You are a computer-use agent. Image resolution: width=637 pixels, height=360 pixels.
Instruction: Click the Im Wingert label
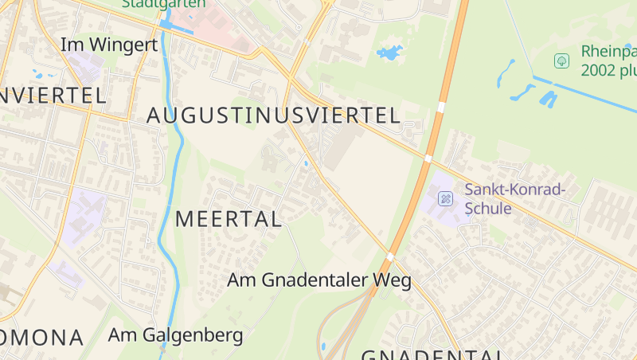click(x=109, y=45)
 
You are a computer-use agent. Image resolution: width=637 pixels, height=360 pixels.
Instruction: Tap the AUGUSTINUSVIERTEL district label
click(x=273, y=115)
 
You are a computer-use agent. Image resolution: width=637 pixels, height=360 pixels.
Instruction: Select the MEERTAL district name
click(x=229, y=219)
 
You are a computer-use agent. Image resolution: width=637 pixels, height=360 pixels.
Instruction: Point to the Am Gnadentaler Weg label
click(x=318, y=280)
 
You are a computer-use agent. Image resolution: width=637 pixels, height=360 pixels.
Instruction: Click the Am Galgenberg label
click(x=175, y=335)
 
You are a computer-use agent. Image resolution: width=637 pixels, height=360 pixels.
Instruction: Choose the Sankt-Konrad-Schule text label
click(x=515, y=198)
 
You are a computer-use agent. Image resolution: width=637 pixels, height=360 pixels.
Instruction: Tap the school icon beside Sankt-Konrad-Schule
click(x=446, y=198)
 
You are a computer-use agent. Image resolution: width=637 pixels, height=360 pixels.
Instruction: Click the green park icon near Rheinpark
click(x=561, y=61)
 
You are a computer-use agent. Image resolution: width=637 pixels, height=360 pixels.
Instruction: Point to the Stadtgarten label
click(x=163, y=4)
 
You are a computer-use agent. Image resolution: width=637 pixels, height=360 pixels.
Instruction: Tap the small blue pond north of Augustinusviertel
click(x=390, y=53)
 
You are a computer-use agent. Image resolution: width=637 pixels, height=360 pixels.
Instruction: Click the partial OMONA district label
click(x=41, y=338)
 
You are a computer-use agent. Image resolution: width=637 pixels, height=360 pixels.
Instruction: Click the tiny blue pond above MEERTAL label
click(x=306, y=164)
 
